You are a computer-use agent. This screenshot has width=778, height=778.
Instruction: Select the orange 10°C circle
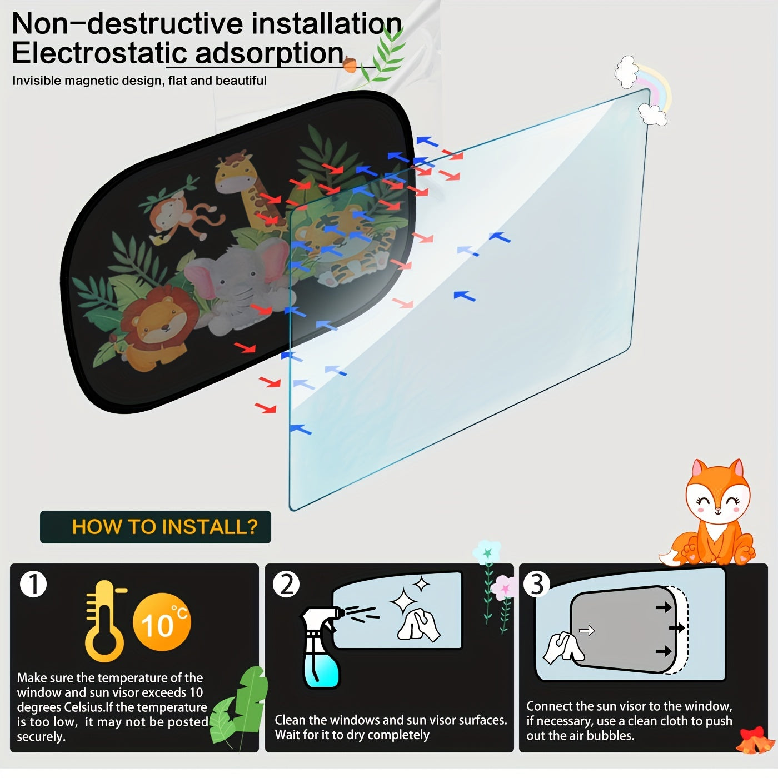click(162, 622)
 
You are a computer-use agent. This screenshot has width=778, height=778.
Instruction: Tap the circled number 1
click(33, 584)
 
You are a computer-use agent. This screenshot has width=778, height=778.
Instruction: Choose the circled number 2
click(286, 584)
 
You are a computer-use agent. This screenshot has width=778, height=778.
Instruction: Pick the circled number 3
click(537, 584)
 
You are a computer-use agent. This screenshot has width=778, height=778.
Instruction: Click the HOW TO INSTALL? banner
click(156, 527)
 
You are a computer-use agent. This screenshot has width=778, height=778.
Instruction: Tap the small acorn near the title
click(350, 64)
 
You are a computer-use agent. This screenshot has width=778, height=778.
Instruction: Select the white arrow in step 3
click(587, 630)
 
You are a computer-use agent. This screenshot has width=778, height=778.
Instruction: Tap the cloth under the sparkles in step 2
click(418, 625)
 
